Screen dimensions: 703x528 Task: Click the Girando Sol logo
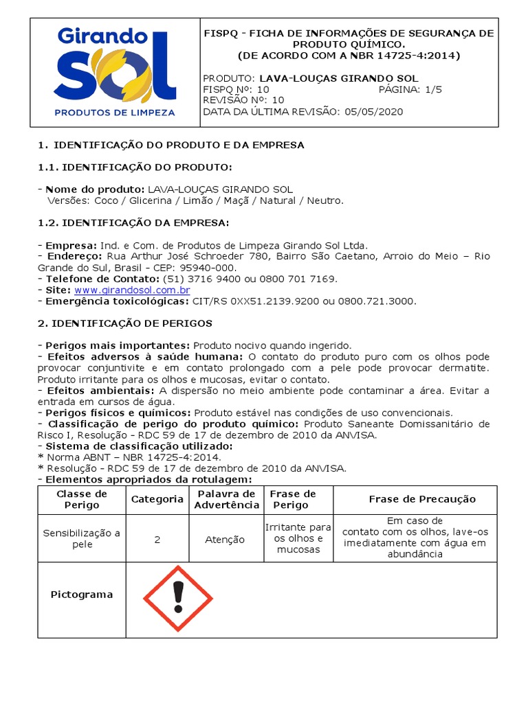click(x=115, y=71)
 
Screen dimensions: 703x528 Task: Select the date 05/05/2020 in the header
click(x=375, y=111)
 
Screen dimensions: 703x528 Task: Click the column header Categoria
click(x=157, y=499)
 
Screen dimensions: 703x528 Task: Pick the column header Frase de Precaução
click(x=422, y=499)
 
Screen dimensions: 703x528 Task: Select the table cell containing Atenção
click(x=225, y=540)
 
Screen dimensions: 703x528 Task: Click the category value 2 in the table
click(x=157, y=540)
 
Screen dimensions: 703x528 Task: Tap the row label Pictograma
click(x=82, y=595)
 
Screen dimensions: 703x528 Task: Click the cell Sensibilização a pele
click(x=82, y=539)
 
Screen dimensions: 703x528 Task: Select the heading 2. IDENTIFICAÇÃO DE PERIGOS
click(x=124, y=323)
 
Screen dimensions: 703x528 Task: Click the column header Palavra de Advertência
click(x=226, y=499)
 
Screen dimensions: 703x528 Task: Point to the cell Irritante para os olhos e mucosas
click(x=298, y=538)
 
